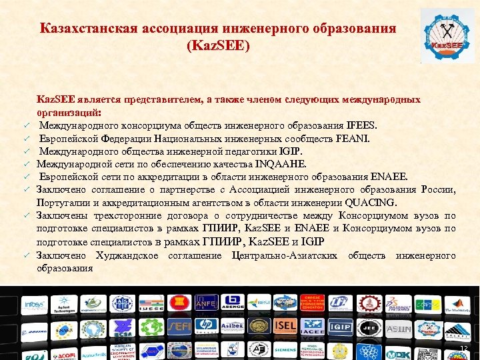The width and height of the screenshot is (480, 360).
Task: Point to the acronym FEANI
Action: tap(352, 138)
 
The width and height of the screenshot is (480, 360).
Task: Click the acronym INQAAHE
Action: tap(285, 163)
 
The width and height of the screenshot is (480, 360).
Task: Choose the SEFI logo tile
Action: tap(180, 329)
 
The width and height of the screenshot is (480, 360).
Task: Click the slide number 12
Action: tap(464, 351)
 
